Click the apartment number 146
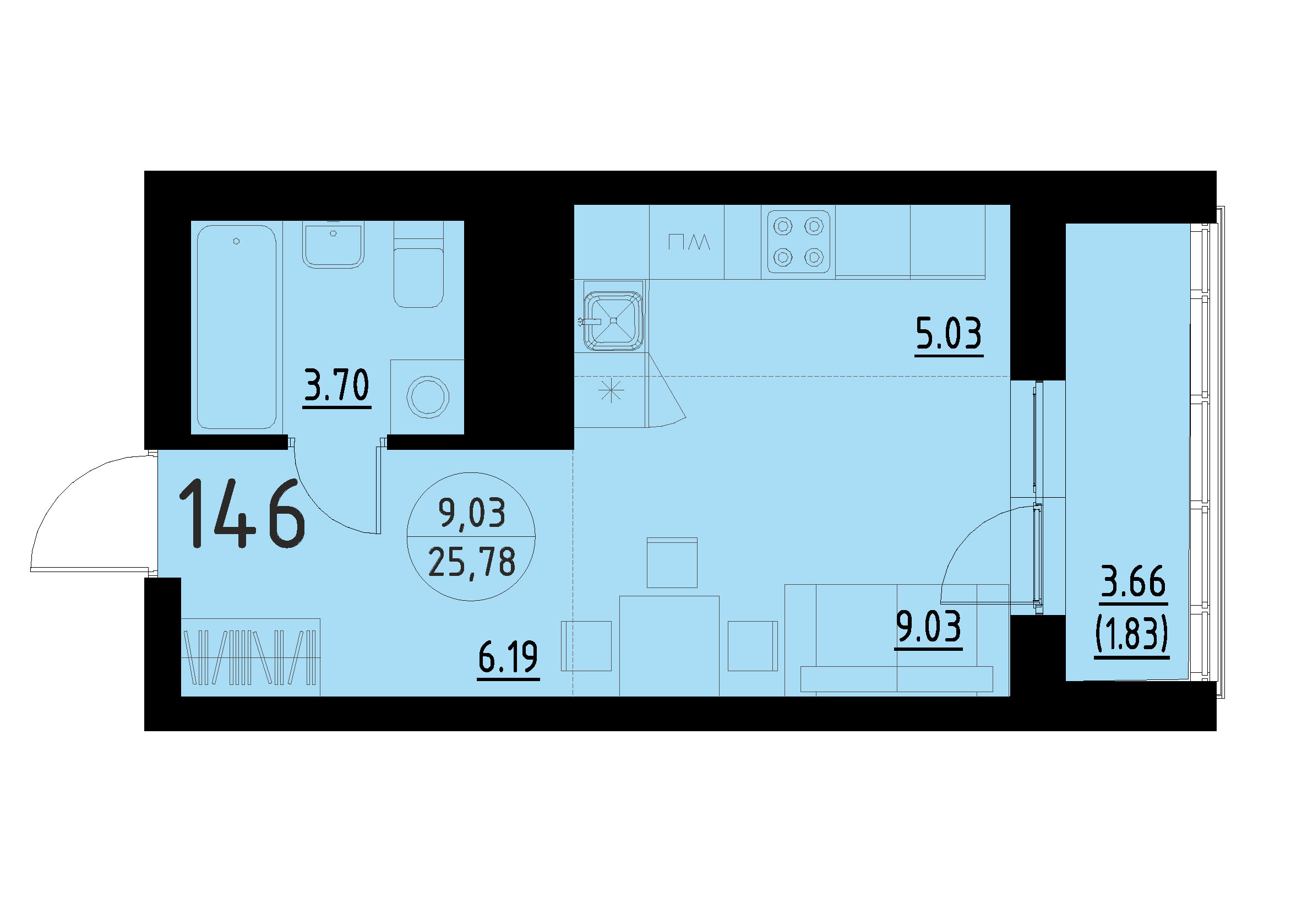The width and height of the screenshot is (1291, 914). [242, 513]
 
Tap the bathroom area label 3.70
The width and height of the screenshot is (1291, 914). [336, 385]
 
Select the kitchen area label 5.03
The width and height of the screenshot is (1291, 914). [949, 333]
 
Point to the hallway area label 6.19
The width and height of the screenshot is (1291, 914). [508, 657]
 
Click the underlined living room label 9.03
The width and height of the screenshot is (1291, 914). [929, 627]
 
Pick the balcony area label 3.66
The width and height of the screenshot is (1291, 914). [1133, 583]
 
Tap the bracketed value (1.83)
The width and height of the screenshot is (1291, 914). [1132, 634]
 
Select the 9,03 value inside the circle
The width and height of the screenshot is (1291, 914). [472, 513]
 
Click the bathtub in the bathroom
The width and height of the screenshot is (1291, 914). [236, 327]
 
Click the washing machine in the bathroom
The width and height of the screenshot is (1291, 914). [427, 397]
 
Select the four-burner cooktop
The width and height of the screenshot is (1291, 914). [798, 242]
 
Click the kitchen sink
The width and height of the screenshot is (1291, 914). [613, 320]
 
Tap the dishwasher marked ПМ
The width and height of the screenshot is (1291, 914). [688, 243]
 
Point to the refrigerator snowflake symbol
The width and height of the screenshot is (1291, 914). [611, 390]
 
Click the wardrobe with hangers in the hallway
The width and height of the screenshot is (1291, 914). [250, 657]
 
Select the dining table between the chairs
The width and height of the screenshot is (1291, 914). [668, 645]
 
